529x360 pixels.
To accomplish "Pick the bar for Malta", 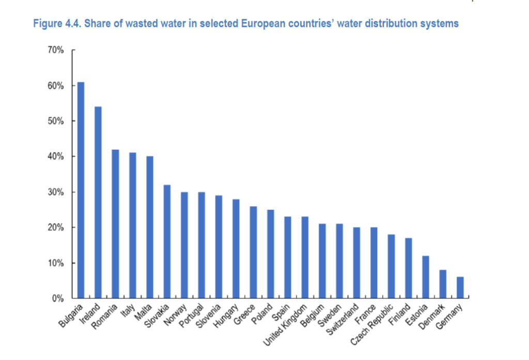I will click(150, 227).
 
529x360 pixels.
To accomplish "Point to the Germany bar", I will click(460, 288).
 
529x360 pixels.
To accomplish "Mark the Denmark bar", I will click(443, 284).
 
